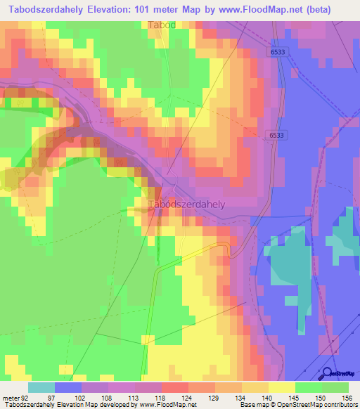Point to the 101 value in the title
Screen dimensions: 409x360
[x=146, y=9]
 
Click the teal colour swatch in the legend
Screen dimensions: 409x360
[x=41, y=387]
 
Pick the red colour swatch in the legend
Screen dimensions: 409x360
[x=175, y=387]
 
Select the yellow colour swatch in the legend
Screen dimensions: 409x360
[x=282, y=387]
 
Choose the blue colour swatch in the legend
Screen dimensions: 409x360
[x=68, y=387]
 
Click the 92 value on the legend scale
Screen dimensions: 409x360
[x=25, y=397]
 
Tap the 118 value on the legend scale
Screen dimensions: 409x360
[x=162, y=397]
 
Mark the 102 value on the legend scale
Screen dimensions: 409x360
[x=82, y=397]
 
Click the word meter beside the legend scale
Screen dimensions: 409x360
[x=10, y=397]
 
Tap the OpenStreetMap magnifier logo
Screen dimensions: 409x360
[x=326, y=373]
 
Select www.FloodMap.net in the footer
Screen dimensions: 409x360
[x=169, y=405]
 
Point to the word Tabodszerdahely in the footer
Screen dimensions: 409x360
[x=26, y=405]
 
